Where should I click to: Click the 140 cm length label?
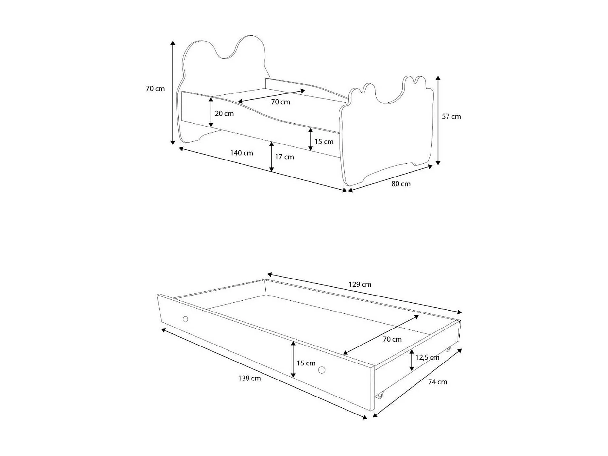tap(241, 153)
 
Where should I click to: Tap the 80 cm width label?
tap(401, 184)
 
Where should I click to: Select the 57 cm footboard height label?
tap(451, 117)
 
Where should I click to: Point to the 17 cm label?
tap(284, 157)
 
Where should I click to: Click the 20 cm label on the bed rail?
tap(224, 114)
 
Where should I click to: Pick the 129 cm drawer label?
tap(360, 284)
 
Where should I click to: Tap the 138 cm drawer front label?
tap(249, 379)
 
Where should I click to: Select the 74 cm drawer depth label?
tap(437, 382)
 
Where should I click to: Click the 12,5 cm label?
tap(427, 358)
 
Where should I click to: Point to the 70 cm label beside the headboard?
tap(155, 89)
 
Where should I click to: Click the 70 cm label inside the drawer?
tap(392, 339)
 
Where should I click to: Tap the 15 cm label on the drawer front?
tap(306, 363)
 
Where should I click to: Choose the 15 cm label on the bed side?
tap(324, 142)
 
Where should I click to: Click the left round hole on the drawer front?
tap(185, 319)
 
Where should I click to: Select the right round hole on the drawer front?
tap(322, 370)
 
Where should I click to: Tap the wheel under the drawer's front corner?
tap(379, 396)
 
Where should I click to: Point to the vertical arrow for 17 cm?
tap(271, 157)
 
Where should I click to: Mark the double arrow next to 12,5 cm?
tap(412, 360)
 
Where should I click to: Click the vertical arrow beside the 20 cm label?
tap(211, 112)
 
